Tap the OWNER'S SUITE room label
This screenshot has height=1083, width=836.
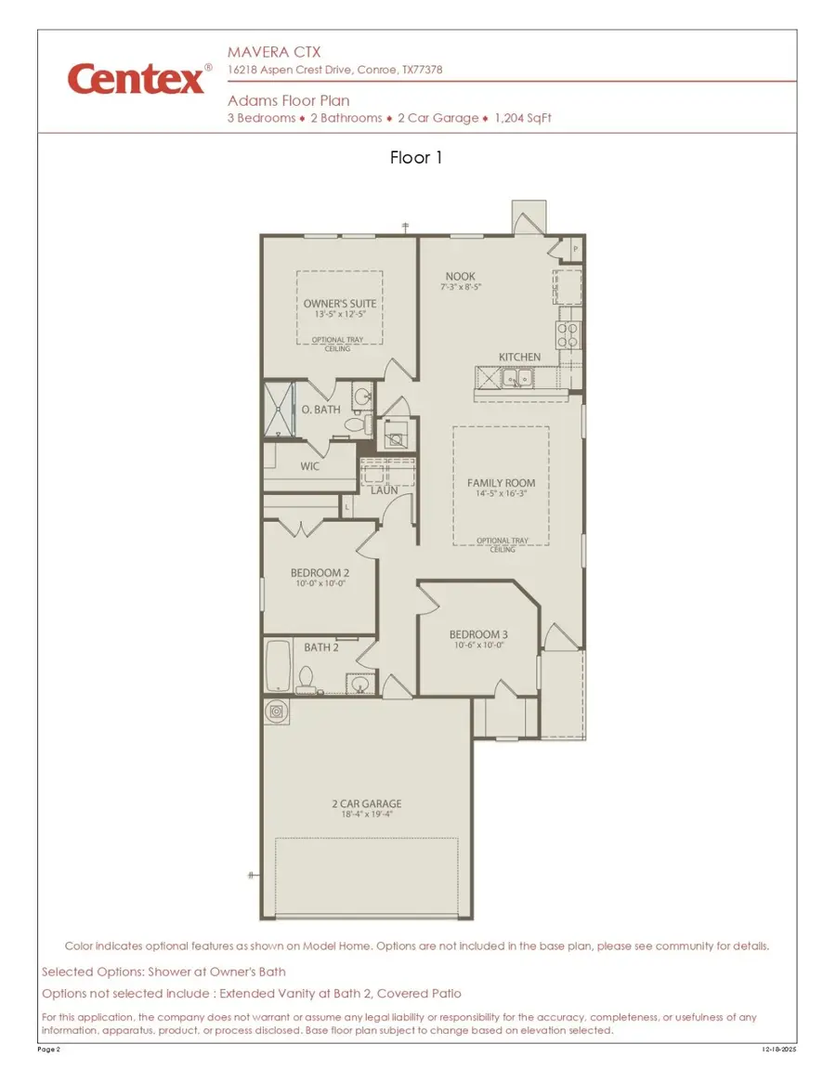[x=339, y=304]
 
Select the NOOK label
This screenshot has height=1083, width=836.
[x=460, y=276]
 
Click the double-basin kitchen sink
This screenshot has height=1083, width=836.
[x=516, y=378]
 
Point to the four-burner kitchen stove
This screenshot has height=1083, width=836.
[x=568, y=334]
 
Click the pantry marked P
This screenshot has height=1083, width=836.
[x=575, y=249]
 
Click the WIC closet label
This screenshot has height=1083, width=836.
[x=309, y=466]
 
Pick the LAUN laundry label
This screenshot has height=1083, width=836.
[x=385, y=489]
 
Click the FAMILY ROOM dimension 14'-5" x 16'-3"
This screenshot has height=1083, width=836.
[x=501, y=495]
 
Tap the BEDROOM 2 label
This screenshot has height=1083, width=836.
[x=320, y=573]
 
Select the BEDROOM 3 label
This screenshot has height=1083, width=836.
[x=479, y=634]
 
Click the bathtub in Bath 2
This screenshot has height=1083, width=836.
[x=280, y=664]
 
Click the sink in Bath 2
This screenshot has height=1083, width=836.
[x=360, y=685]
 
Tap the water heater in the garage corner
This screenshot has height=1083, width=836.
[x=276, y=711]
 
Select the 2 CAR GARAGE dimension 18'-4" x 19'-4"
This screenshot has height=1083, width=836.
[x=367, y=816]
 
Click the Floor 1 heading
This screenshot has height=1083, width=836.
[x=416, y=158]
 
